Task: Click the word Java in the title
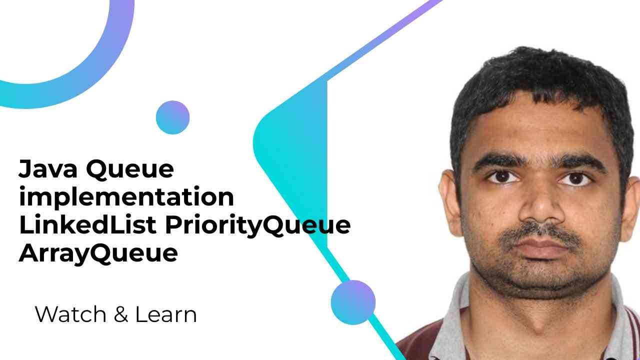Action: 47,169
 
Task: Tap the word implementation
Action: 126,197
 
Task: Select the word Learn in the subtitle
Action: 165,314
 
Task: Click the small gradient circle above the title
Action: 172,117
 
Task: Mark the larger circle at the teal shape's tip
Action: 353,302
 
